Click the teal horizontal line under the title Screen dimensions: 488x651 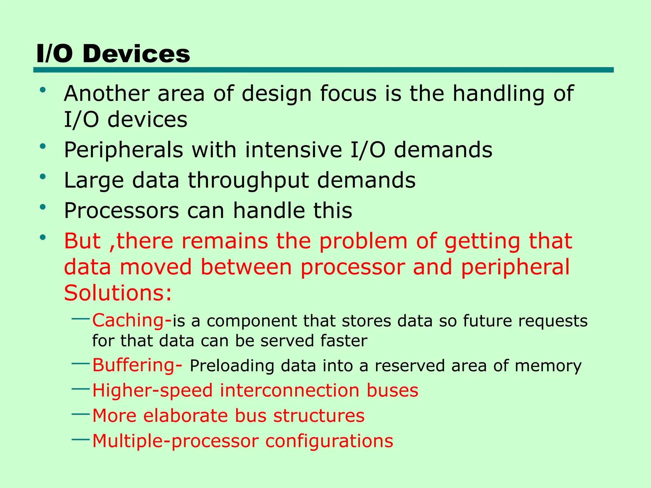click(323, 70)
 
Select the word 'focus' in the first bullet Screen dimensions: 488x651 click(348, 93)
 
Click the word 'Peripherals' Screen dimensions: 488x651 click(124, 150)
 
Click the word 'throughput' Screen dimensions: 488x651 click(248, 180)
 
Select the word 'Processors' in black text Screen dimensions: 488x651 click(121, 210)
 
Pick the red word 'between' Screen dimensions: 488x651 click(246, 267)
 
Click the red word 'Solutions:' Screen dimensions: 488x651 click(118, 293)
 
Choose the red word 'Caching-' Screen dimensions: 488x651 click(132, 320)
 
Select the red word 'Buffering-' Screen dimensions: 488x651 click(137, 365)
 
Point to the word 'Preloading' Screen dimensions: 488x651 click(232, 366)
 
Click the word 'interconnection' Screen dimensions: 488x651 click(289, 390)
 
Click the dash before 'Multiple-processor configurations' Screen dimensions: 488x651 click(81, 439)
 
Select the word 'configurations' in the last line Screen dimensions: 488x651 click(329, 441)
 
